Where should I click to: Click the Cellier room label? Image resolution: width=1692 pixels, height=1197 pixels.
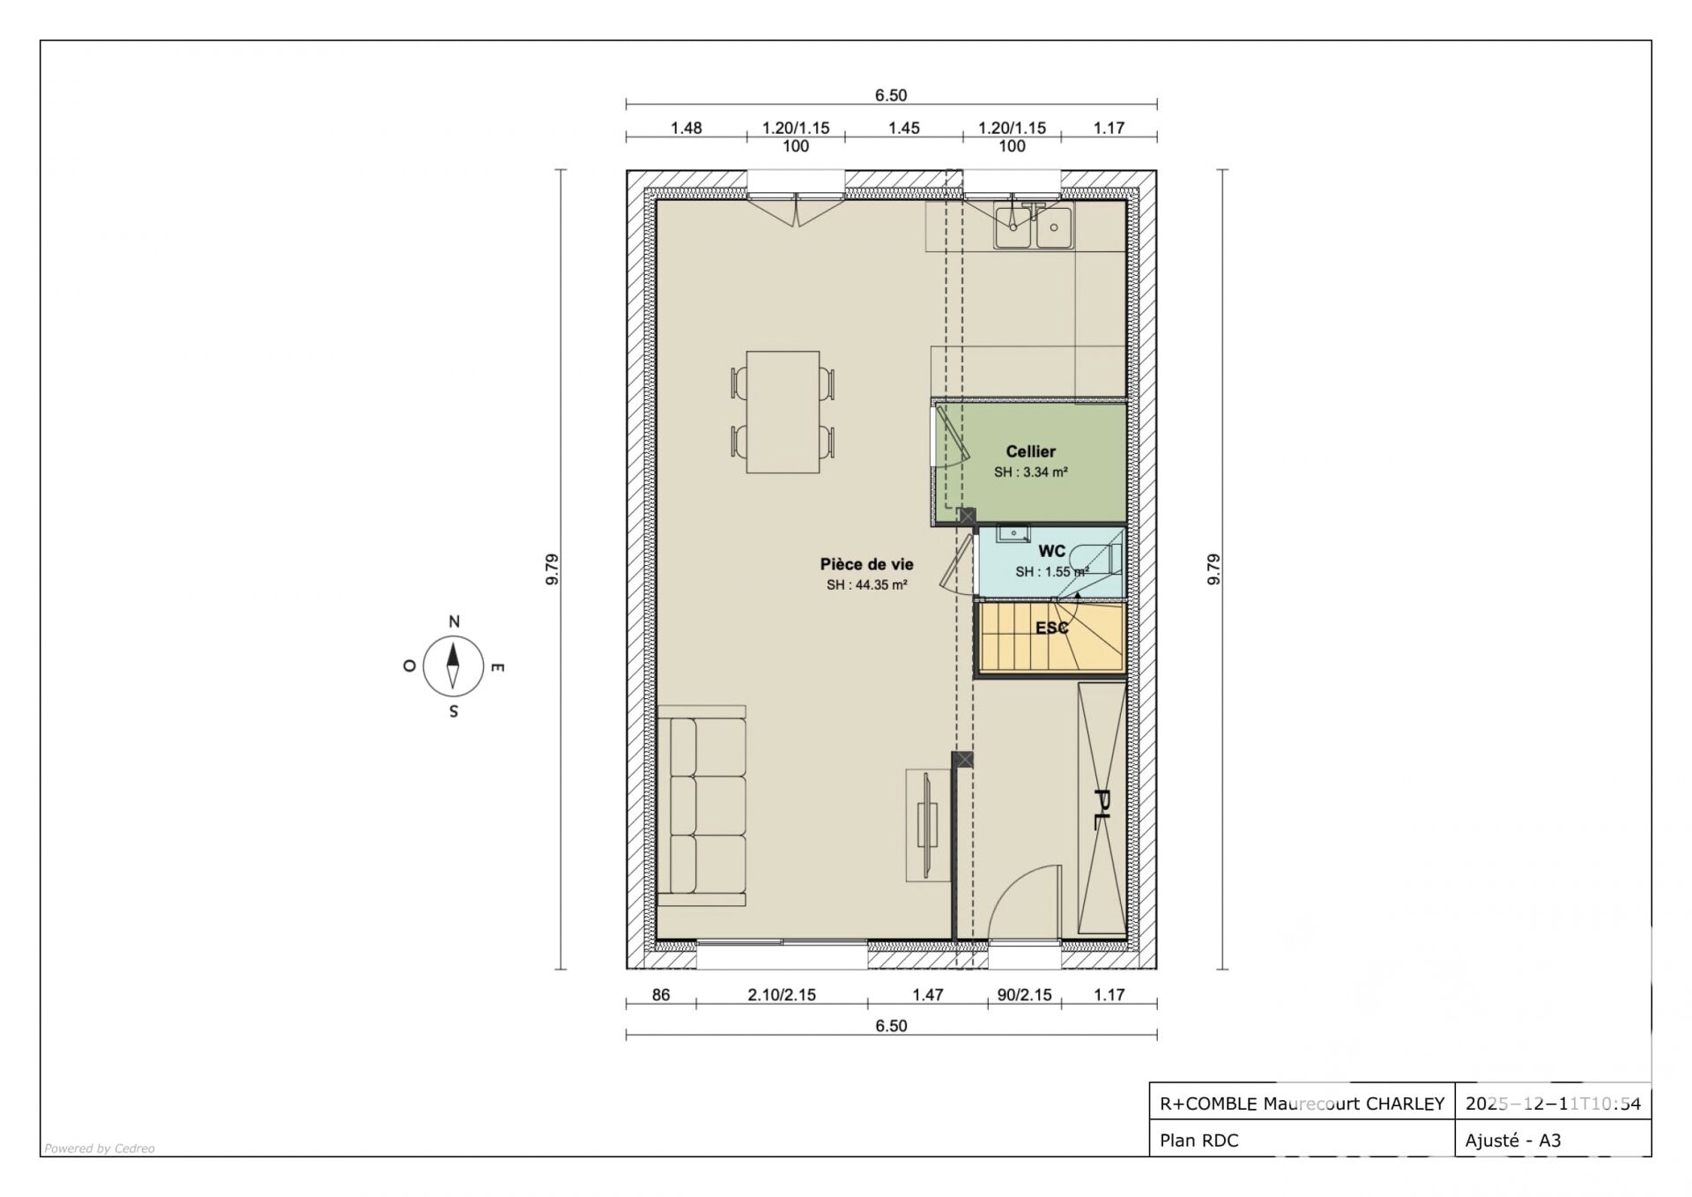[1030, 451]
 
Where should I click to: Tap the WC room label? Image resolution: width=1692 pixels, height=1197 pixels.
[1051, 551]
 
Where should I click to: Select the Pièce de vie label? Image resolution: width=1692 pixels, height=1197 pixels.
[866, 564]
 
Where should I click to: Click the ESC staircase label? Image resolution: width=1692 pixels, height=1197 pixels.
[1051, 628]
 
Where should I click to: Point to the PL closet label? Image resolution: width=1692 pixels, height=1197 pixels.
[1101, 809]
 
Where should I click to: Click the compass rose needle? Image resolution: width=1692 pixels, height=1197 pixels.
[453, 665]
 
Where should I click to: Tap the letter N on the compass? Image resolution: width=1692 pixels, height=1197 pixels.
[454, 621]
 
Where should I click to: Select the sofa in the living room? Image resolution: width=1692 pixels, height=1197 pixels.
[701, 806]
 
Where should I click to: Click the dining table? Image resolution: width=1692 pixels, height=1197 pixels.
[783, 412]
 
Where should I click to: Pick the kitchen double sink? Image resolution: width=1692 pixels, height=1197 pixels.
[1033, 227]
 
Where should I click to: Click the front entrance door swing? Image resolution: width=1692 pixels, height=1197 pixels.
[1023, 902]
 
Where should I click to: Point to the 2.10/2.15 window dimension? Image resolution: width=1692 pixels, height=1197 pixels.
[782, 994]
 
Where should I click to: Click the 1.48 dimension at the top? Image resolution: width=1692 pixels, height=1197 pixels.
[686, 128]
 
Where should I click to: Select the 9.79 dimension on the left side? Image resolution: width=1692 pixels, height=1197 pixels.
[552, 569]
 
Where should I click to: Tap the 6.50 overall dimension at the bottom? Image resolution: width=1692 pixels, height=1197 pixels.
[891, 1025]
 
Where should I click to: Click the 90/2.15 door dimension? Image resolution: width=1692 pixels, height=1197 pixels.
[1024, 994]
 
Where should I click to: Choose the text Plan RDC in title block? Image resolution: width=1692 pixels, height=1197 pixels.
[1198, 1141]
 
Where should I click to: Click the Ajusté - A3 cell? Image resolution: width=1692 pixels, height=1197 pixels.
[1513, 1141]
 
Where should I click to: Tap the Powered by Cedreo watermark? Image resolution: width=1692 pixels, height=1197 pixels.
[100, 1149]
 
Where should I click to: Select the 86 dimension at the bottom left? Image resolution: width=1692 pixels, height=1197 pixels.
[661, 994]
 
